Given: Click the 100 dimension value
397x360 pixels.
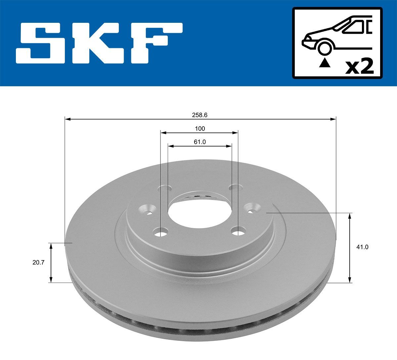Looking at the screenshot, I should click(x=199, y=129).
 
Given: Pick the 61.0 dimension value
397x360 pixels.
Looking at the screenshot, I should click(x=199, y=142).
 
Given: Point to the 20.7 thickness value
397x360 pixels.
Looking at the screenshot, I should click(x=38, y=262).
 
